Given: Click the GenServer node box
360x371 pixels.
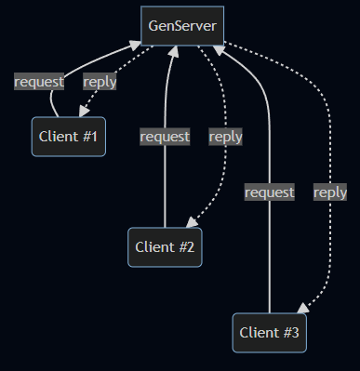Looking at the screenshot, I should pos(182,25).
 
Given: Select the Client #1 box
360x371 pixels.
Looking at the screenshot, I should pos(68,137).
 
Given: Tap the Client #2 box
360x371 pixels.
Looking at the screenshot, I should pos(165,246).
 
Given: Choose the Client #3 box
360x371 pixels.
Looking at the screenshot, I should pos(269,331).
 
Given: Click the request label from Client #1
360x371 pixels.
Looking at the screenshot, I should pos(39,81).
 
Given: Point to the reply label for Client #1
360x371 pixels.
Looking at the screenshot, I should pos(100,81).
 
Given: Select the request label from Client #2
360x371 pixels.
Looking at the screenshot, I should pos(165,137).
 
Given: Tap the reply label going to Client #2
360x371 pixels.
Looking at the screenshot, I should pos(225,137).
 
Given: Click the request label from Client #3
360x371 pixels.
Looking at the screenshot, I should pos(270,192).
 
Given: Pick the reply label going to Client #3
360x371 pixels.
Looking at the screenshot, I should pos(329,192).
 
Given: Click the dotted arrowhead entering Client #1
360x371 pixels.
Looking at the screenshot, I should pos(83,113).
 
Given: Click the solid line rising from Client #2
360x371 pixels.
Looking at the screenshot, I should pos(166,186).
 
